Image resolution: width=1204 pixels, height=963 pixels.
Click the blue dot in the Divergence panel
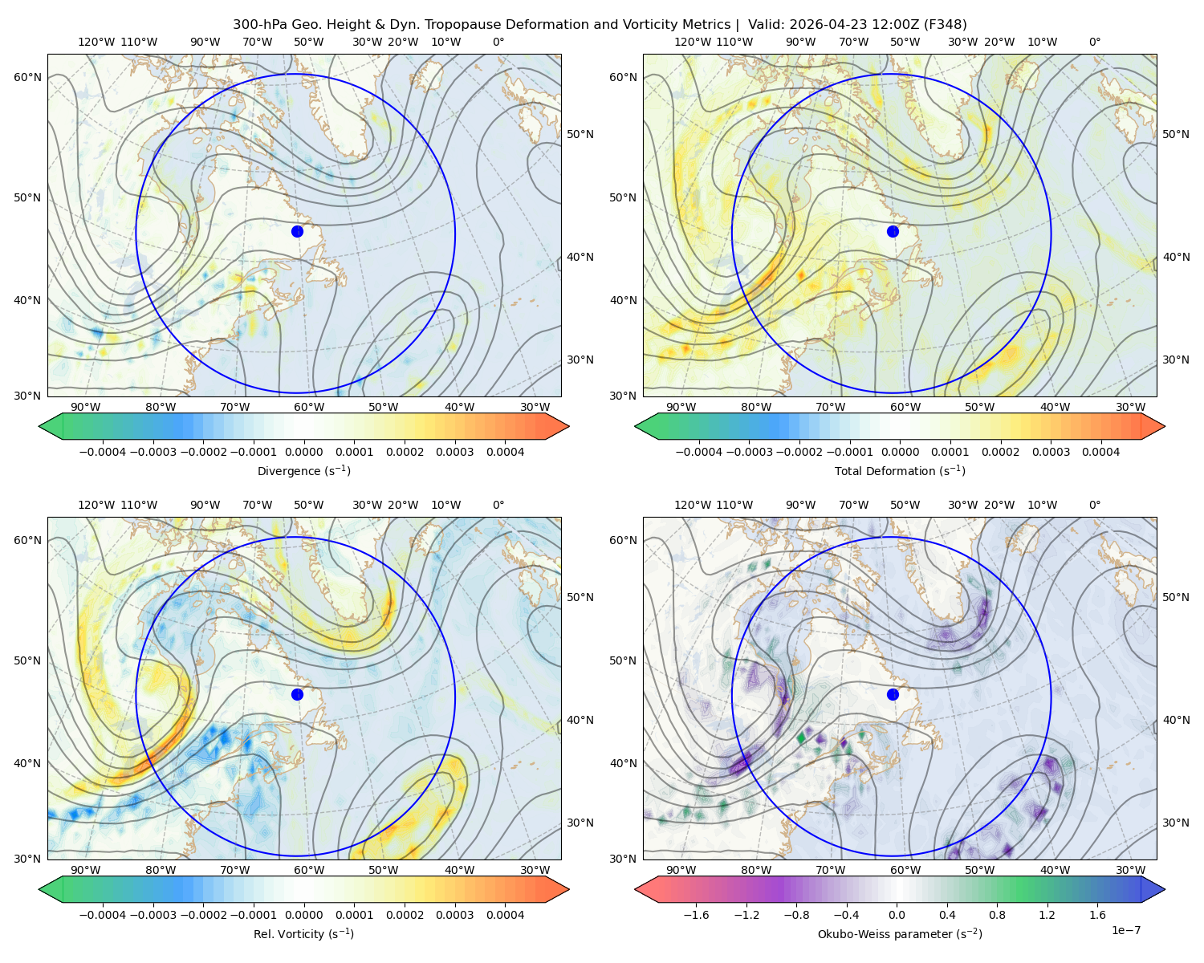click(297, 231)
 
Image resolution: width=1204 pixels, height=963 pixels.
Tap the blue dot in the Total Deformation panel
click(893, 231)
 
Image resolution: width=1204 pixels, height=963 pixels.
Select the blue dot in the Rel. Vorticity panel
click(297, 694)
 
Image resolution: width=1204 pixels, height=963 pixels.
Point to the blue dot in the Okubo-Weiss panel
click(893, 694)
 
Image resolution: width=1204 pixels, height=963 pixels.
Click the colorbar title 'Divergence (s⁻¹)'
click(303, 470)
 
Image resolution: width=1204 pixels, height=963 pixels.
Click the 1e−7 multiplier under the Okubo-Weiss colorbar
click(1125, 930)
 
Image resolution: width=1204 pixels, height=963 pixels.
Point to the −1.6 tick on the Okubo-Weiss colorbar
click(696, 914)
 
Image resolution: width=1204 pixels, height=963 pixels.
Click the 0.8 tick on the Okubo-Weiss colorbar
click(997, 914)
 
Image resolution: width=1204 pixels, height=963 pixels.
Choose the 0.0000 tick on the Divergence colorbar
click(303, 452)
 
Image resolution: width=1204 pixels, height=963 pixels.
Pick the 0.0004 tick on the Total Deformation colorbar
click(1101, 452)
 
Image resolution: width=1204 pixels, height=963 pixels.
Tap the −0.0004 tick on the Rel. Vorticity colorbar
click(103, 914)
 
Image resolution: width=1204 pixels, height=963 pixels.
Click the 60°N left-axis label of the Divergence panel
click(27, 77)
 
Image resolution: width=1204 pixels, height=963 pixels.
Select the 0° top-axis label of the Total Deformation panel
click(1094, 42)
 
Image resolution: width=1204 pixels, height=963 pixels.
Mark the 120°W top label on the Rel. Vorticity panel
click(96, 505)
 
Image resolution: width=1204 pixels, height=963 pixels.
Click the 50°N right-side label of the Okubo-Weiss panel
click(1176, 597)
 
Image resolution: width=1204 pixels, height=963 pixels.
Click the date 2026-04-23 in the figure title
click(820, 24)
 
